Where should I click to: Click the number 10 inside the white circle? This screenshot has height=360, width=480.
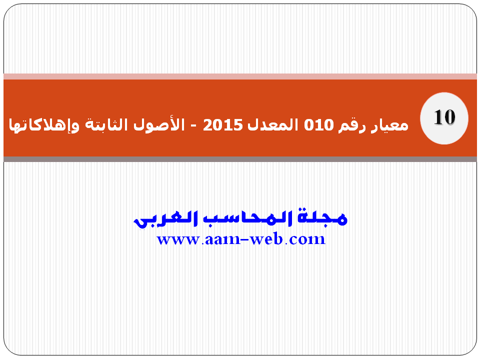point(444,117)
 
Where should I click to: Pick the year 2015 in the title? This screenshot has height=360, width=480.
point(223,125)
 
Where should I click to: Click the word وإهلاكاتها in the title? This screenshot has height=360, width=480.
point(44,125)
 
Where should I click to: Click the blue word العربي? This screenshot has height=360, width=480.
point(165,219)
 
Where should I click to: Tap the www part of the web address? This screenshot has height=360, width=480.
point(178,239)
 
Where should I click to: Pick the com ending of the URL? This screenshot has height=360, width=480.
point(307,239)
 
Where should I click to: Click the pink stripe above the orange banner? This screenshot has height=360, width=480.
point(240,76)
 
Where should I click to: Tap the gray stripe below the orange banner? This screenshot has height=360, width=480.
point(240,159)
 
